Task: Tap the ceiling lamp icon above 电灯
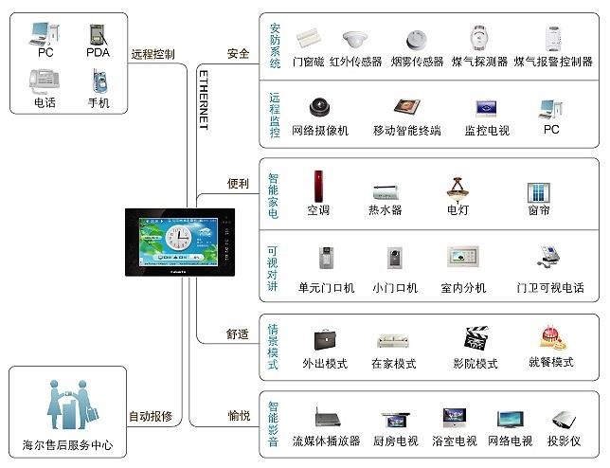[x=457, y=188]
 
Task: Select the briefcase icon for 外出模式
[x=325, y=340]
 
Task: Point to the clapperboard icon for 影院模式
[x=475, y=339]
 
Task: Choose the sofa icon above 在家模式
[x=393, y=341]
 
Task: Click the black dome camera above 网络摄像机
[x=318, y=108]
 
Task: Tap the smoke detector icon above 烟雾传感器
[x=416, y=39]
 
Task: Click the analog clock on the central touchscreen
[x=178, y=237]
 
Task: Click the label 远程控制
[x=153, y=54]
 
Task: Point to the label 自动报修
[x=151, y=416]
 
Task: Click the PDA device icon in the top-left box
[x=98, y=34]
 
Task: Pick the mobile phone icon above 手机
[x=98, y=81]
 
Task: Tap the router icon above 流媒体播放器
[x=326, y=418]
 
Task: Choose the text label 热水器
[x=386, y=210]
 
